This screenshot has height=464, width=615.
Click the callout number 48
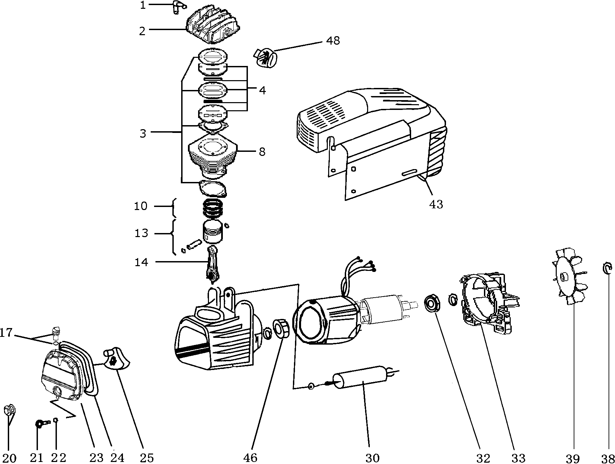333,41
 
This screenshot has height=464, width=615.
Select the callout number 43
436,204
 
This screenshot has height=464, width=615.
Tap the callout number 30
372,458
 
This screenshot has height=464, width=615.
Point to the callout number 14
141,262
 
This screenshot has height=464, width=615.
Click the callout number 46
250,458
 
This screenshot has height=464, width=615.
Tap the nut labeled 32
432,303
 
